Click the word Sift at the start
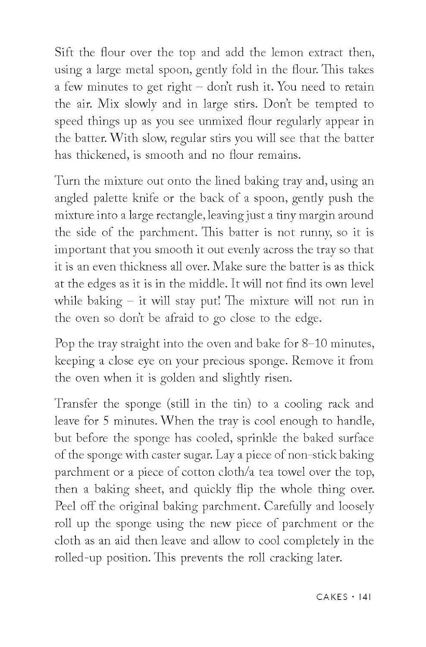(x=64, y=53)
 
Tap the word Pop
(x=64, y=344)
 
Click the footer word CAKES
(x=332, y=597)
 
